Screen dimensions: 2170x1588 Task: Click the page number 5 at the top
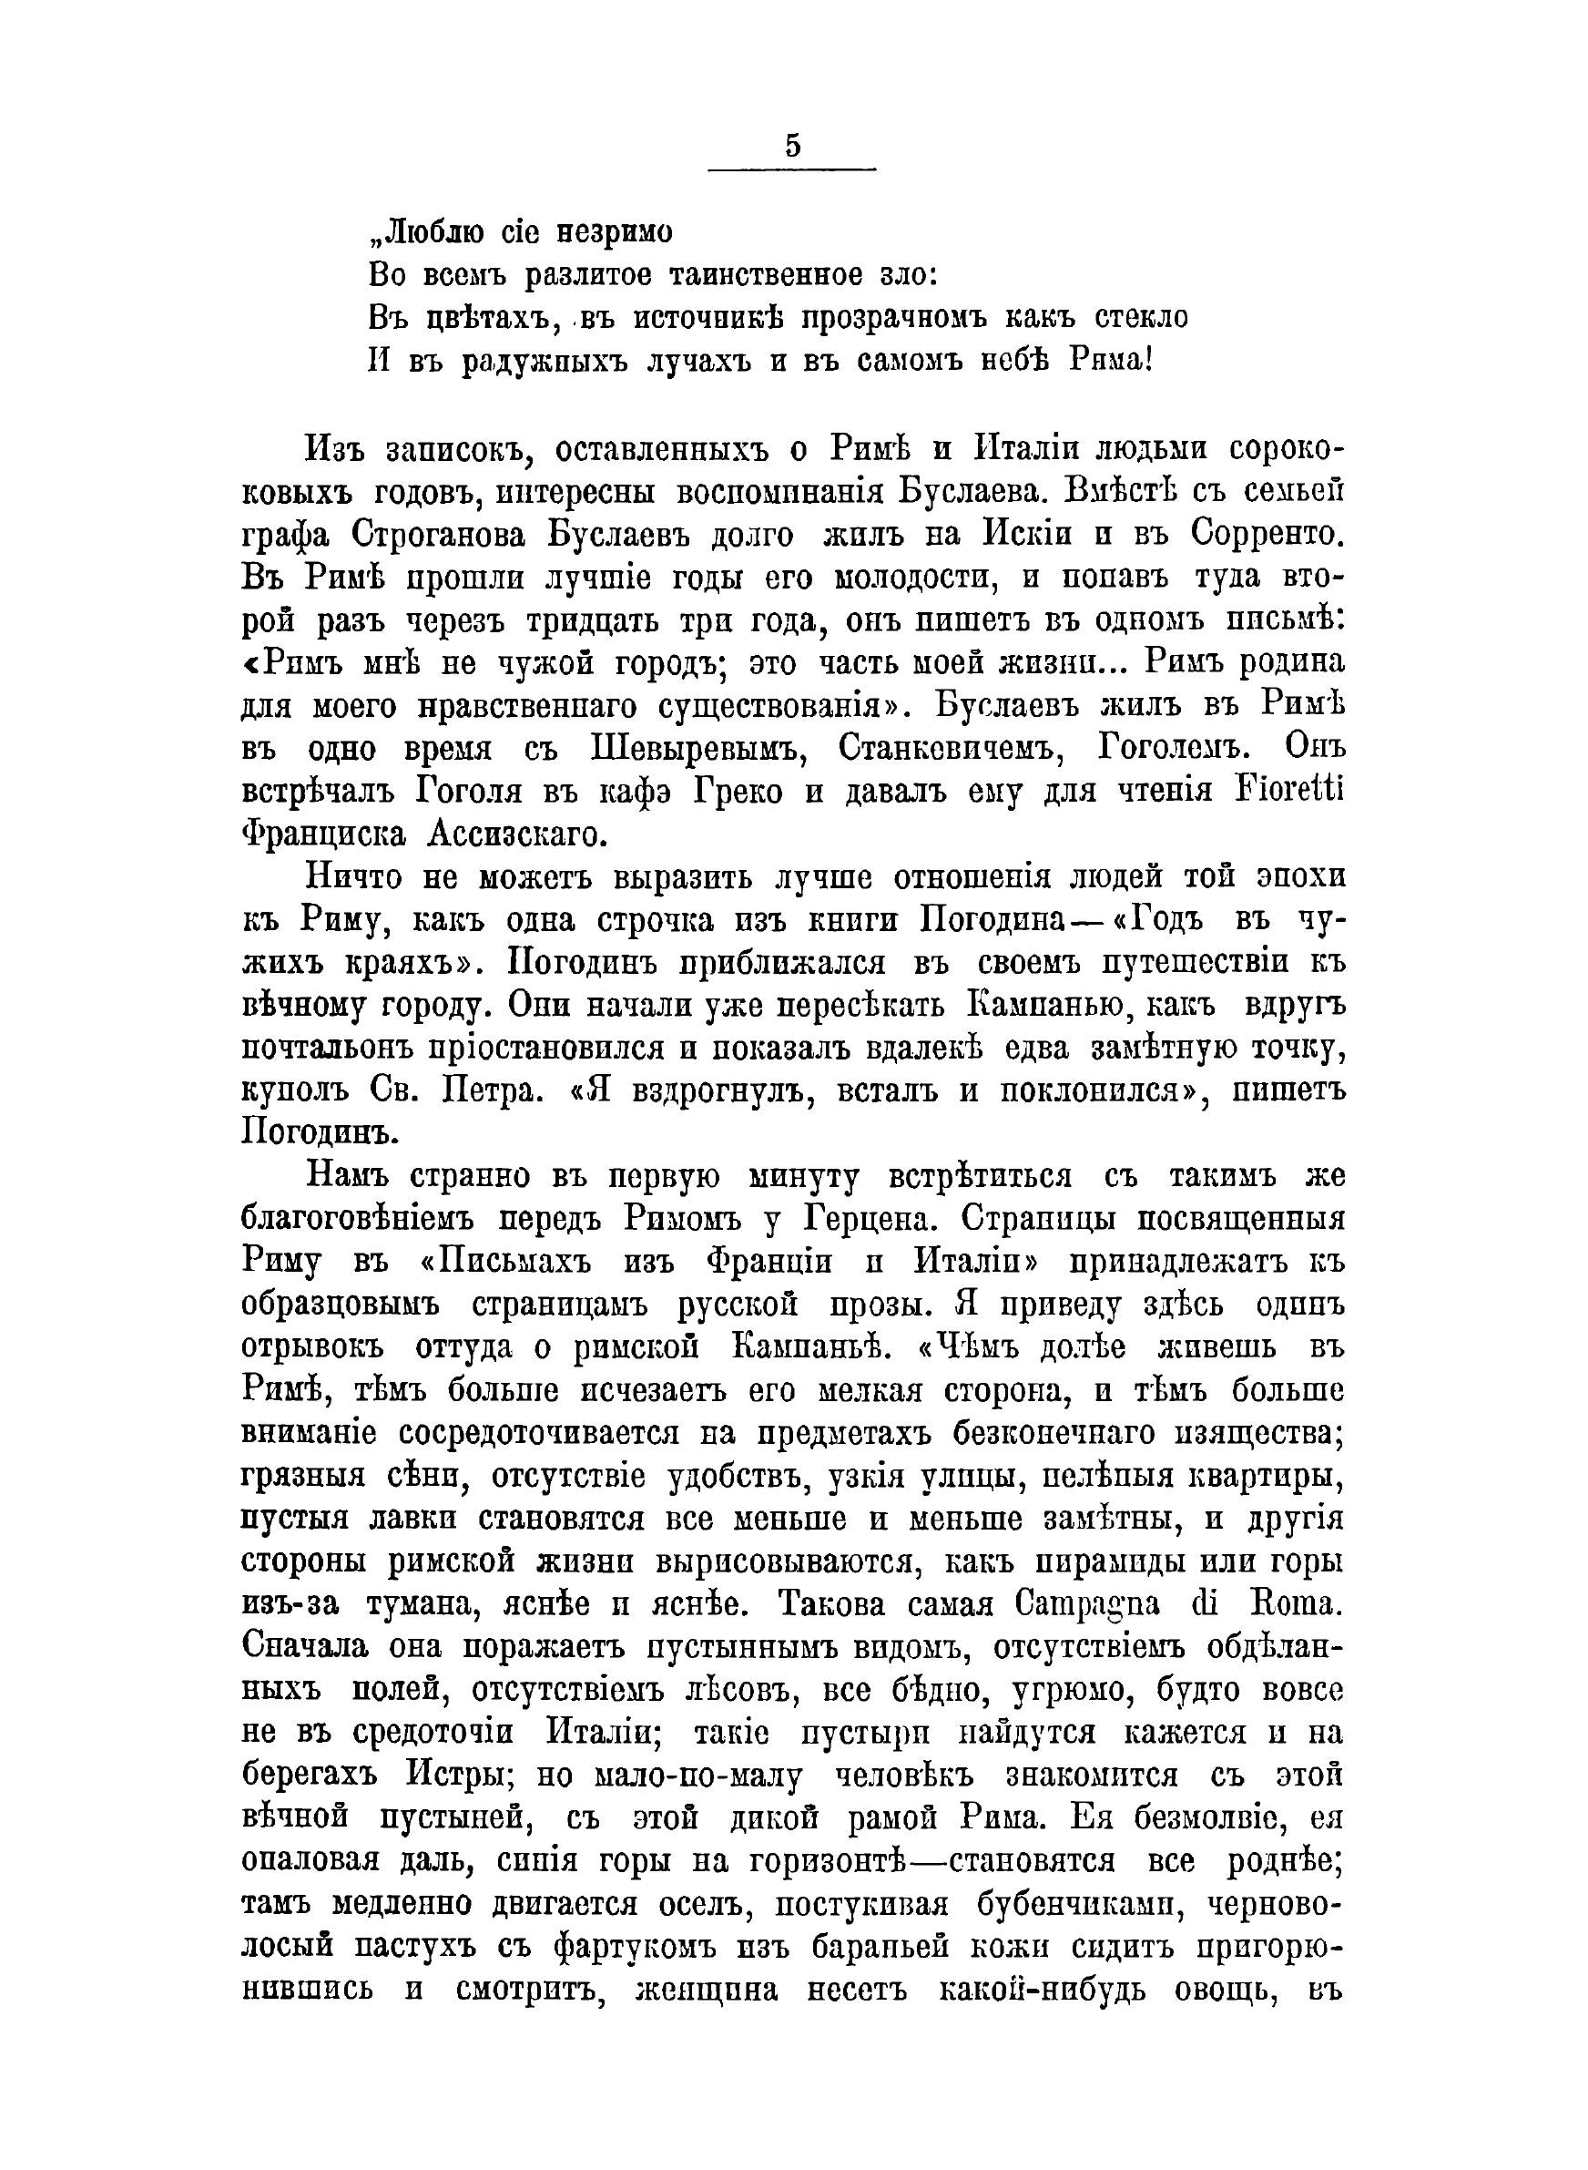coord(792,146)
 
